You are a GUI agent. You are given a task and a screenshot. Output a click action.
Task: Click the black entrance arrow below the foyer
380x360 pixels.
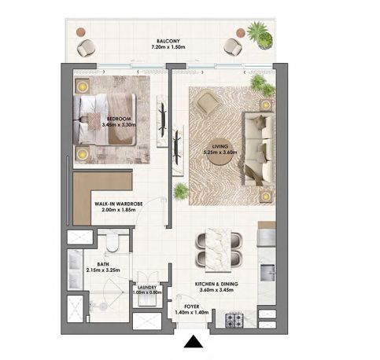pos(194,341)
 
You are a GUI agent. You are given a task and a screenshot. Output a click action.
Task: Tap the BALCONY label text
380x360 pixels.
pos(168,41)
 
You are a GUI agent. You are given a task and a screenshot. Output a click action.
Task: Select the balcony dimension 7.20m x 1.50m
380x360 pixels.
pos(168,47)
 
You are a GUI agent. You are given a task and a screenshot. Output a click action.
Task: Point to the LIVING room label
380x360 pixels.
pos(220,146)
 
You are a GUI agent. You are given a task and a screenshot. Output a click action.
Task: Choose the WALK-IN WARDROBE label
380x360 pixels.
pos(119,204)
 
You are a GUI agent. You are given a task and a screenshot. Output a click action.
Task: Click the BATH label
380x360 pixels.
pos(103,264)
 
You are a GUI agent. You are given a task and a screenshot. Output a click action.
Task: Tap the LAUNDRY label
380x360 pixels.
pos(147,288)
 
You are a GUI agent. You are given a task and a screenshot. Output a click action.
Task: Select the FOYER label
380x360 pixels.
pos(192,307)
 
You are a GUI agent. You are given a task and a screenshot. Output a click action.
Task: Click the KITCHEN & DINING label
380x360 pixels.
pos(216,284)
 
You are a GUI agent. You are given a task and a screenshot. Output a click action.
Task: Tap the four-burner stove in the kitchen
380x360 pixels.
pos(234,319)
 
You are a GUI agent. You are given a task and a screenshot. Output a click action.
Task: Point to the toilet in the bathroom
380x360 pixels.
pos(113,242)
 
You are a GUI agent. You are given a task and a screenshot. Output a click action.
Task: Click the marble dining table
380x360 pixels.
pos(219,250)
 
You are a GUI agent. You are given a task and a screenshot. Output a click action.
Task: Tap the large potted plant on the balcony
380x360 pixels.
pos(260,35)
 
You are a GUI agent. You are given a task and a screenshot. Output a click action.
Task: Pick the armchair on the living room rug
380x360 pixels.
pos(206,101)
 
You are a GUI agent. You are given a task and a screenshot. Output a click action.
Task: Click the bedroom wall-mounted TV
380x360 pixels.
pos(163,119)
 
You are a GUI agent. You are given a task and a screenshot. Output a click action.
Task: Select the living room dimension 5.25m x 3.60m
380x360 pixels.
pos(220,152)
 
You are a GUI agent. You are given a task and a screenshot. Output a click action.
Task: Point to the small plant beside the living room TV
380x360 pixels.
pos(181,191)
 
